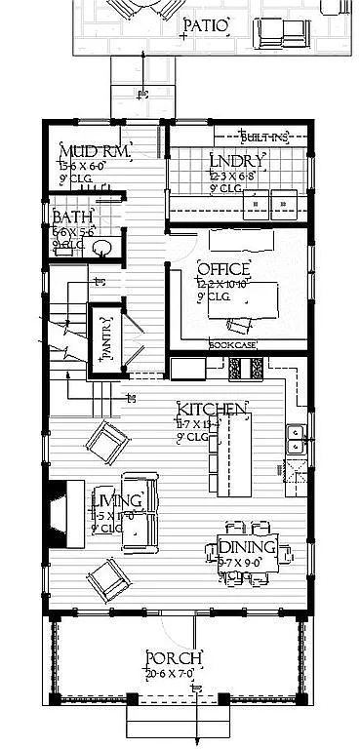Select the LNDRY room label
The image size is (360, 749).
point(237,162)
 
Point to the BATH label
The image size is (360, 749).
point(74,217)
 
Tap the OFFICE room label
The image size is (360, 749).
point(224,269)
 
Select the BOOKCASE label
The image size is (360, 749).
point(231,345)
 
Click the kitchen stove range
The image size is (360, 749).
point(247,368)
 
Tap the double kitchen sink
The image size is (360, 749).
point(295,441)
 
